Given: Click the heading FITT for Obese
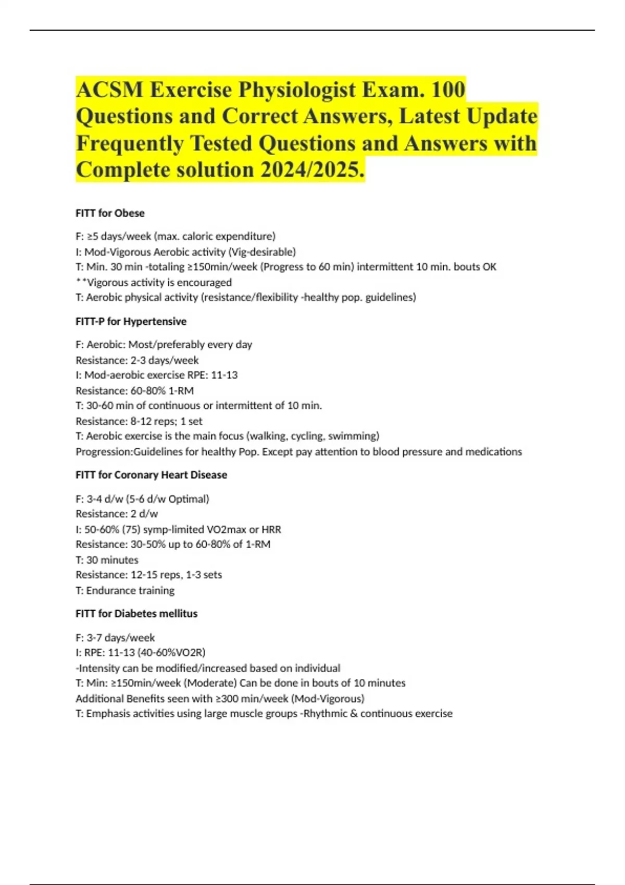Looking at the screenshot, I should point(110,213).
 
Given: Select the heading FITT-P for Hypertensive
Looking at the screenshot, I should point(131,321).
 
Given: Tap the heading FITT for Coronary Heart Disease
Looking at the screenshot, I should point(151,475).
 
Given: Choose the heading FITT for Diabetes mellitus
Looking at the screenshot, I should point(136,613).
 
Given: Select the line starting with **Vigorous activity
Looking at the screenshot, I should point(154,282).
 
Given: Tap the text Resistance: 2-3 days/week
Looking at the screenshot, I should point(137,360).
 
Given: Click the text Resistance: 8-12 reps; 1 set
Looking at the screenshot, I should point(139,421).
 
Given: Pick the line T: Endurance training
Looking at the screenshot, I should point(125,590).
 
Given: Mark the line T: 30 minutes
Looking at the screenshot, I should point(107,560).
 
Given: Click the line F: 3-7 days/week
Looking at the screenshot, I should point(115,637).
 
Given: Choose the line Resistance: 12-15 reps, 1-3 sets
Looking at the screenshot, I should point(148,575).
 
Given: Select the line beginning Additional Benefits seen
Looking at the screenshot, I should point(220,698).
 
